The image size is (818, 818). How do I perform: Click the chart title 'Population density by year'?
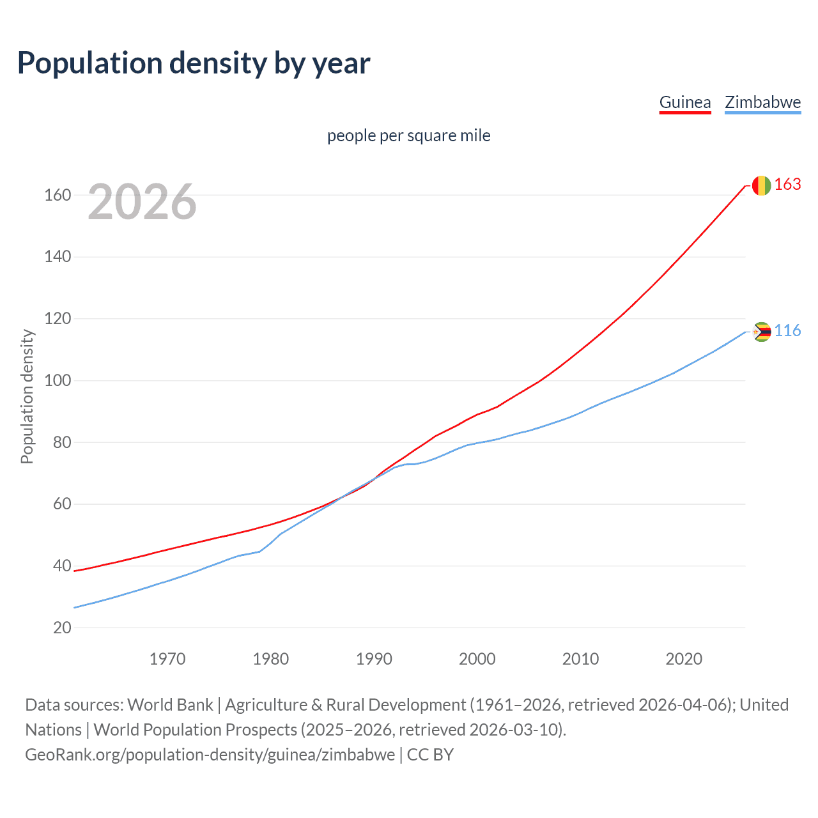tap(194, 63)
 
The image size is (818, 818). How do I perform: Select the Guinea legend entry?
tap(684, 102)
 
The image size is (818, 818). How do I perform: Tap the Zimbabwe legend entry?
tap(762, 102)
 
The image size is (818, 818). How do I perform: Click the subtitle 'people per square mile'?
tap(408, 135)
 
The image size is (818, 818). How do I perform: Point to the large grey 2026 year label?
tap(142, 202)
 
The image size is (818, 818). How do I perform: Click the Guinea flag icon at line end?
tap(761, 185)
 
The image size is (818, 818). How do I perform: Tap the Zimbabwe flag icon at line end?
tap(761, 332)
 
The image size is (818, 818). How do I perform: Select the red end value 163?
tap(787, 185)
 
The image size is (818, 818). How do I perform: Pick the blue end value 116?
tap(787, 331)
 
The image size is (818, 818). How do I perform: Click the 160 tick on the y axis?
tap(58, 196)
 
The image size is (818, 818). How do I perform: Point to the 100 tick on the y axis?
tap(58, 381)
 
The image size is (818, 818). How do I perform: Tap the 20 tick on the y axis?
tap(62, 628)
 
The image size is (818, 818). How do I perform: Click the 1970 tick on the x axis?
tap(167, 659)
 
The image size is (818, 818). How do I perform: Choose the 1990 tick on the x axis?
tap(374, 659)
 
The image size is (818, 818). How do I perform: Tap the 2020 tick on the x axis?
tap(684, 659)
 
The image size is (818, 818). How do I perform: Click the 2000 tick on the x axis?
tap(477, 659)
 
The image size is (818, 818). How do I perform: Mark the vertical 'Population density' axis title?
tap(27, 396)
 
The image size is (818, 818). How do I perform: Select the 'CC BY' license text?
tap(430, 755)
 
